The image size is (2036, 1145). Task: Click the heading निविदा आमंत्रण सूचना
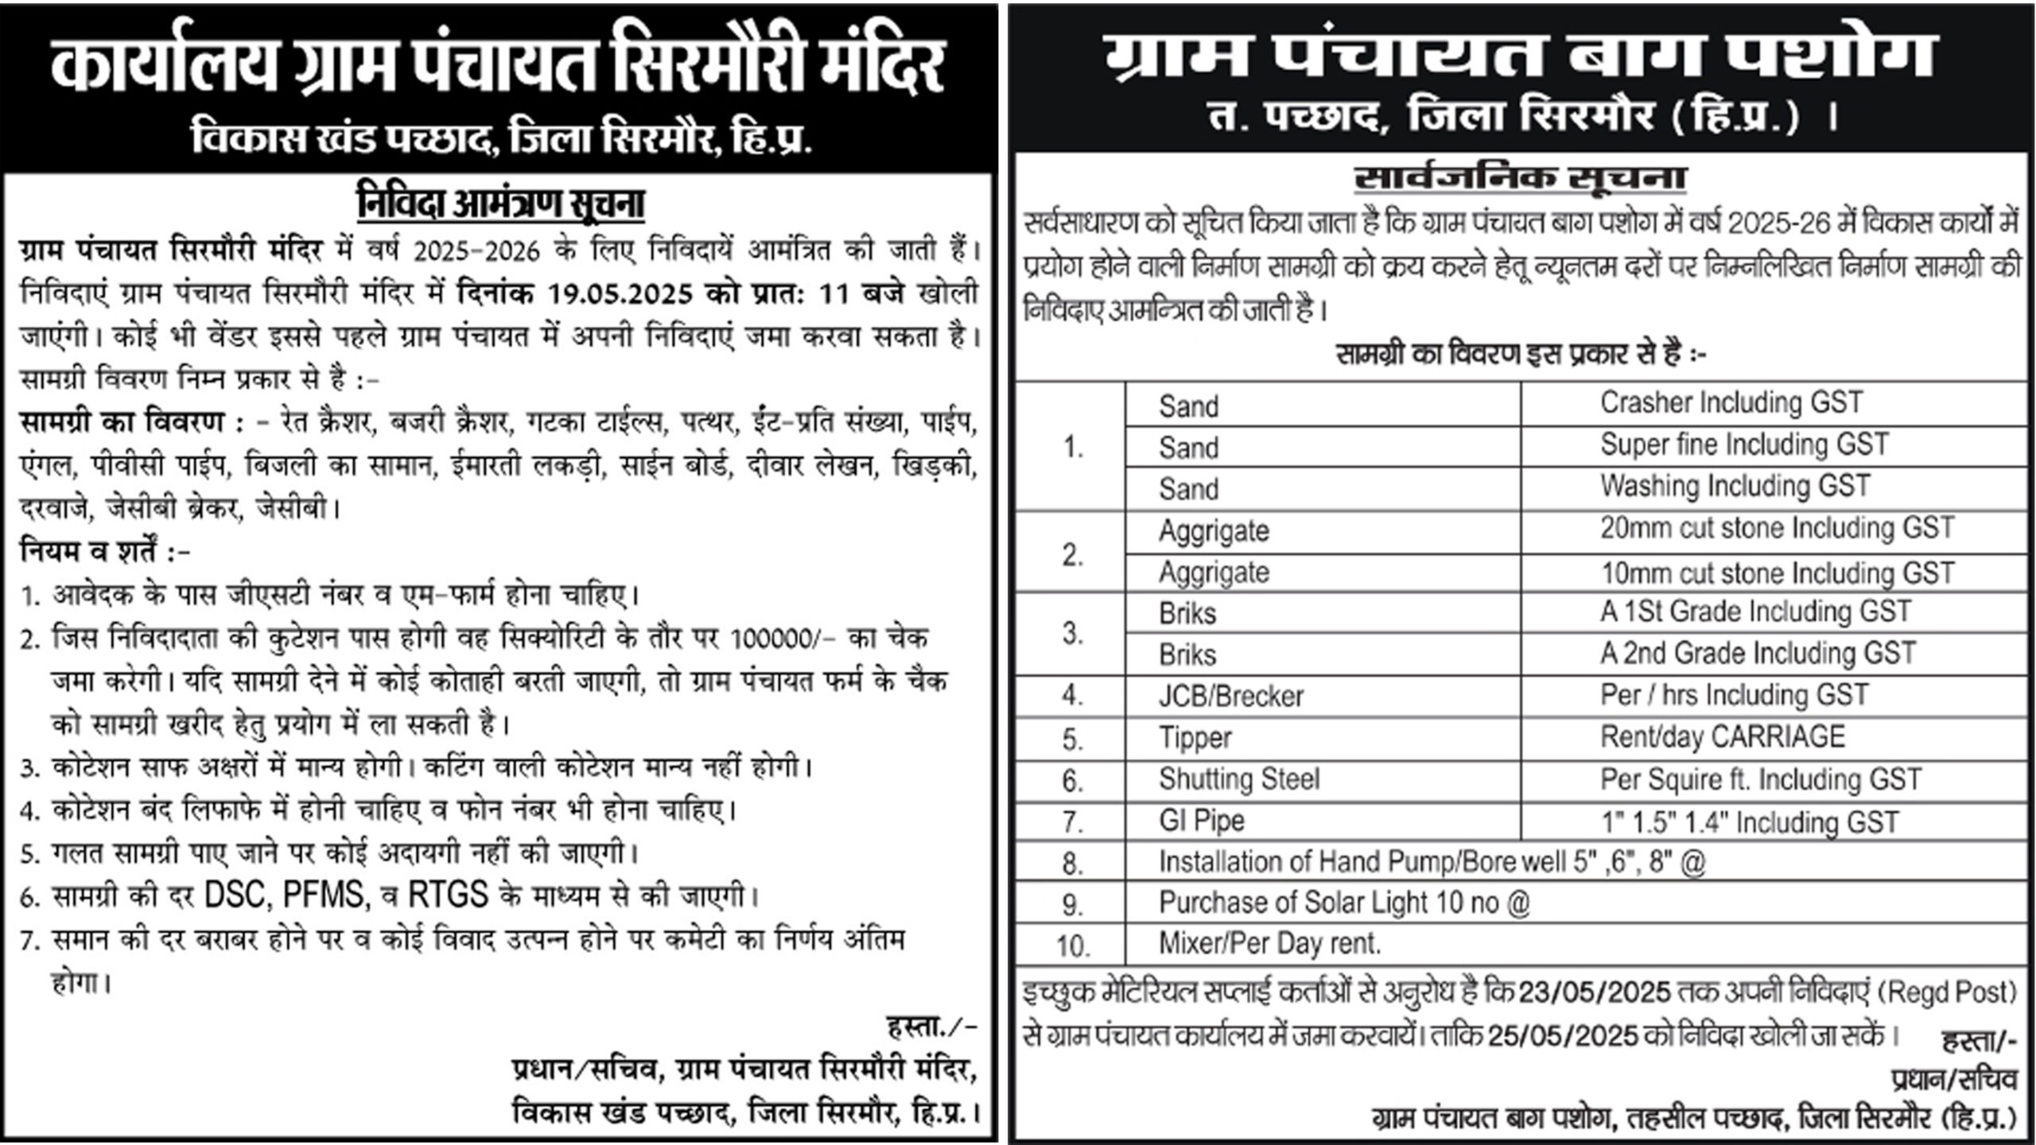[500, 204]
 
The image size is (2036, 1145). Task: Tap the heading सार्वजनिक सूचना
[1520, 179]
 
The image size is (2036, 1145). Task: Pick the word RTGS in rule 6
[448, 896]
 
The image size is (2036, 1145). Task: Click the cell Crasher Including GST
[1731, 403]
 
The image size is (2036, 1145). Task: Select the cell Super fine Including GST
[1744, 444]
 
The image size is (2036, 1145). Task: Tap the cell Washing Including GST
[1735, 486]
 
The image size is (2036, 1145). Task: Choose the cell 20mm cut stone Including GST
[1777, 529]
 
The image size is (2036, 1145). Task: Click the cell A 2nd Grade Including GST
[1758, 654]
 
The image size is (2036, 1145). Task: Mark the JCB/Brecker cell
[1231, 697]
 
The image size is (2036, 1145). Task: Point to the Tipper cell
[1195, 738]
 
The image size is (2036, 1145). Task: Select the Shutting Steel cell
[1239, 779]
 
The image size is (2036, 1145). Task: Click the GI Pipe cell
[1202, 821]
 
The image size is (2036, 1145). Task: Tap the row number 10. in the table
[1072, 945]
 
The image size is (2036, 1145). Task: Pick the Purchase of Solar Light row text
[1344, 903]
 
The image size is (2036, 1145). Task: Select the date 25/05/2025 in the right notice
[1563, 1036]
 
